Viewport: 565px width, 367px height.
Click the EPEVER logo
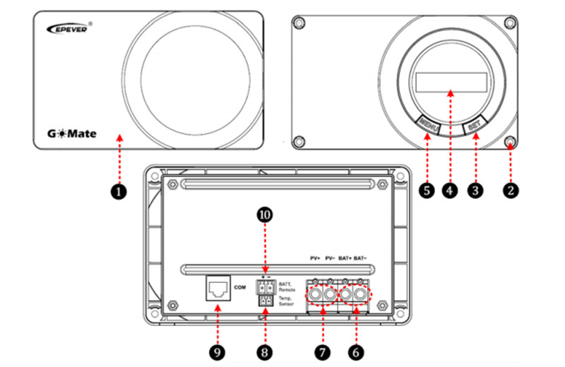(x=69, y=29)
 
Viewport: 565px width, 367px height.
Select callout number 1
(x=120, y=191)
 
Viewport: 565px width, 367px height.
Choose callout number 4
(x=448, y=190)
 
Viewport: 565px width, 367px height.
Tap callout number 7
(x=322, y=349)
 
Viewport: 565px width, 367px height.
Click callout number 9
(x=218, y=349)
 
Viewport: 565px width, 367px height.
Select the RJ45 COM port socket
(x=218, y=289)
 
